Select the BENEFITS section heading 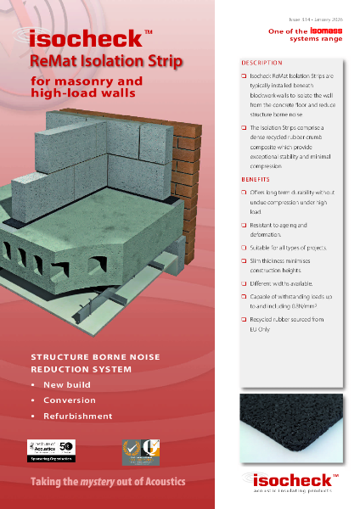coord(256,181)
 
